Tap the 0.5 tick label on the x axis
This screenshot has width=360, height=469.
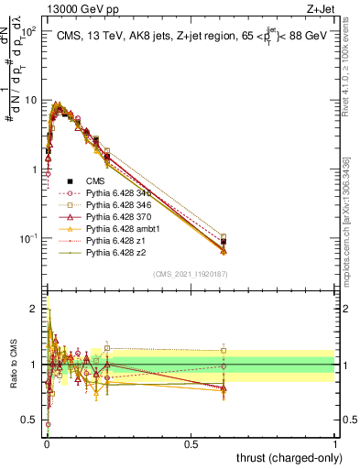190,443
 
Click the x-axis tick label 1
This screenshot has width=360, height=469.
335,443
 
